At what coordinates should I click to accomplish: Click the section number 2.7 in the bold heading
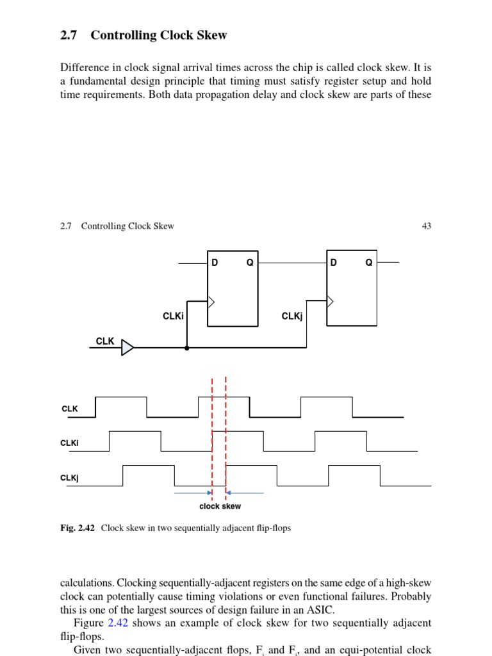(x=69, y=35)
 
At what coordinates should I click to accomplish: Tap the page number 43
(x=426, y=226)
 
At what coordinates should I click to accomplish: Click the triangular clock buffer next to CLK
(x=128, y=347)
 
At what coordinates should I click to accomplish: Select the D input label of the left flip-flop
(x=215, y=263)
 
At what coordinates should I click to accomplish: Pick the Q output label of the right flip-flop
(x=368, y=263)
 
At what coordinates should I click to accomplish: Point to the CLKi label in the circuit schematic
(x=173, y=316)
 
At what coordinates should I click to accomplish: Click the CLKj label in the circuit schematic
(x=292, y=316)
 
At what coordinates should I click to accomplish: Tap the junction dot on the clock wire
(x=187, y=348)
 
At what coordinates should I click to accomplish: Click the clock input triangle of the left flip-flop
(x=211, y=302)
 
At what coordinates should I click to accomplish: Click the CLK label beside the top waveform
(x=69, y=409)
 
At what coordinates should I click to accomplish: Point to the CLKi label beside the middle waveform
(x=69, y=443)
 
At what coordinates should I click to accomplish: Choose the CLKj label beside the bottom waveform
(x=69, y=478)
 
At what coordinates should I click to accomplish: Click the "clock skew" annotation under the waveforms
(x=220, y=506)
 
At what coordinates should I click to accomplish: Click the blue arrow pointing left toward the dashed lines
(x=245, y=493)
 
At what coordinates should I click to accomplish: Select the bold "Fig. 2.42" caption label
(x=78, y=529)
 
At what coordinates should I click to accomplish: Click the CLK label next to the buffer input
(x=105, y=341)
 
